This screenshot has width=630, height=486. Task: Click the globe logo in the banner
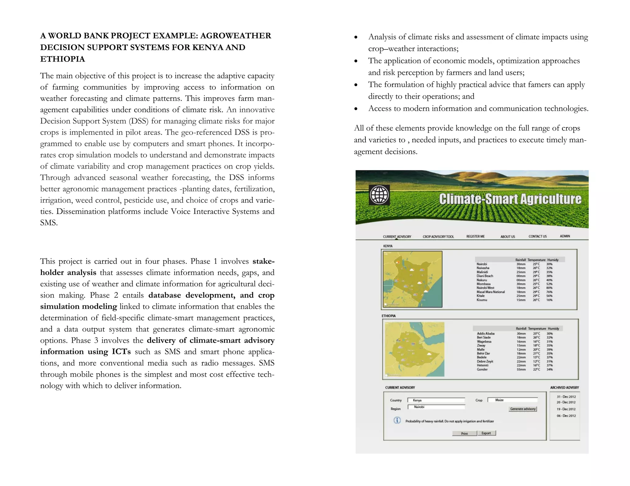379,195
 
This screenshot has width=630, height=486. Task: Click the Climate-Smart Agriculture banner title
510,199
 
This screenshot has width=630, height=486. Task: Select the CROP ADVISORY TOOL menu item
438,237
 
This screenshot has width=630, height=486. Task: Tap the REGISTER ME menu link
475,236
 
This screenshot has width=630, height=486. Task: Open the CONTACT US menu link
537,236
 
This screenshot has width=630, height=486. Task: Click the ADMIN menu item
565,236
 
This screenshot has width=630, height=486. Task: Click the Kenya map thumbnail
412,279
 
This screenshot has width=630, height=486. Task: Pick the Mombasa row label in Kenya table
483,284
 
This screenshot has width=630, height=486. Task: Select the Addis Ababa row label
485,333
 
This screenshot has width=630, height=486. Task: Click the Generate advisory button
523,409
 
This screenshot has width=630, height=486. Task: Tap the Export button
486,433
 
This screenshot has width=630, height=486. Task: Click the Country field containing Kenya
436,400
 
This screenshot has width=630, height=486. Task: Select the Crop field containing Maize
512,400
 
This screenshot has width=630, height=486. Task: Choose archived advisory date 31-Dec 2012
566,397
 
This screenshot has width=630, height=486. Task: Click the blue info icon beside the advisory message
397,420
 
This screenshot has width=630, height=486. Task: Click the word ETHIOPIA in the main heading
62,59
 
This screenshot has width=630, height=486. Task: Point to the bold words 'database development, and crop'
211,295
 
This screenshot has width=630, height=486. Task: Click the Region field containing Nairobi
436,407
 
